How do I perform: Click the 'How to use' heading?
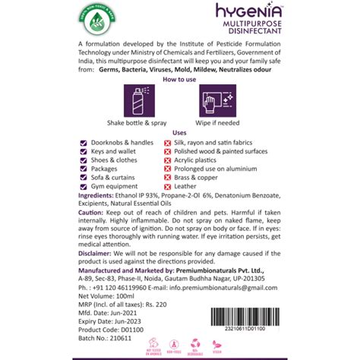click(179, 79)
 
